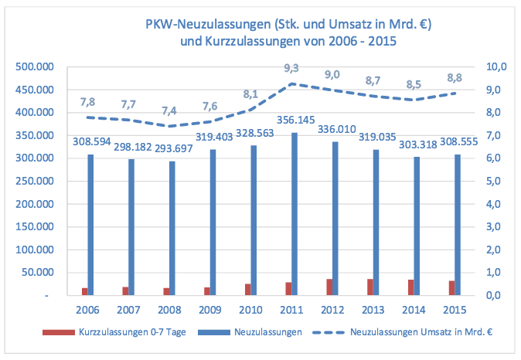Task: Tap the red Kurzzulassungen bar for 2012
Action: (x=329, y=287)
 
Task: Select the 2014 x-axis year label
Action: (x=411, y=310)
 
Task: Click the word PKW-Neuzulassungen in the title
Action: (x=206, y=25)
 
